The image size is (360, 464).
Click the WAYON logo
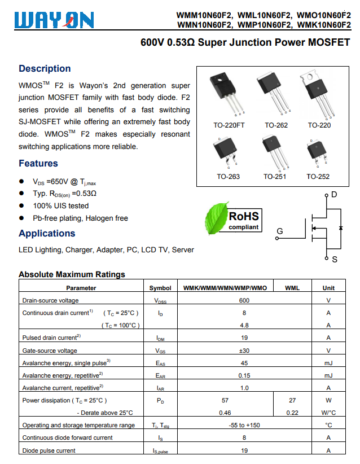pyautogui.click(x=54, y=20)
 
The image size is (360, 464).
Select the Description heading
pyautogui.click(x=45, y=69)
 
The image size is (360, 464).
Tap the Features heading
pyautogui.click(x=38, y=164)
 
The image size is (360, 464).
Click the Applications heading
pyautogui.click(x=47, y=234)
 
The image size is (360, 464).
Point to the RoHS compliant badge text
pyautogui.click(x=244, y=220)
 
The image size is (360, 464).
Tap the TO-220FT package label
pyautogui.click(x=229, y=125)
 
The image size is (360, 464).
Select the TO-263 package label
pyautogui.click(x=228, y=177)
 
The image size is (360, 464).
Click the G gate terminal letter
pyautogui.click(x=280, y=231)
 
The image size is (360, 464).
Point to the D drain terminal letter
pyautogui.click(x=334, y=195)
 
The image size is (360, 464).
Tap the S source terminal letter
pyautogui.click(x=335, y=260)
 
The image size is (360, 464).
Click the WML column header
pyautogui.click(x=292, y=288)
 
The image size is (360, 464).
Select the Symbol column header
pyautogui.click(x=160, y=288)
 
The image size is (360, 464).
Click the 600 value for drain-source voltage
pyautogui.click(x=244, y=300)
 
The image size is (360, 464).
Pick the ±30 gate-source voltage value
pyautogui.click(x=244, y=351)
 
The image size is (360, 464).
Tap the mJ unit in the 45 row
pyautogui.click(x=328, y=363)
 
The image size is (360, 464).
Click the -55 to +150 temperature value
pyautogui.click(x=244, y=425)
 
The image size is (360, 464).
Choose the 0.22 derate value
pyautogui.click(x=292, y=413)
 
